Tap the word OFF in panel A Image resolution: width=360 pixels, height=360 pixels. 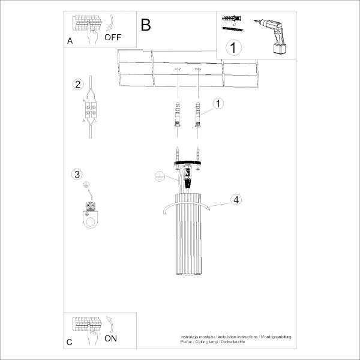coord(112,37)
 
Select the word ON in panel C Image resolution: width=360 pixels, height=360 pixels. coord(110,338)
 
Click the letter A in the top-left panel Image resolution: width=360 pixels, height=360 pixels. coord(70,41)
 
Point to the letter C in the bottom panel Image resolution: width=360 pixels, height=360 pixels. coord(70,342)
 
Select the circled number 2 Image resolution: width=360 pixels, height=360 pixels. coord(77,84)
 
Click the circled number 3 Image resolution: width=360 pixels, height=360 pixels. coord(76,175)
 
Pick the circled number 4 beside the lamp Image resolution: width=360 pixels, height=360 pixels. coord(236,200)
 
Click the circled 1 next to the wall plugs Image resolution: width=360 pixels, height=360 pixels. coord(218,103)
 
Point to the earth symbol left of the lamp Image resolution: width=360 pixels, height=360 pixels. coord(159,176)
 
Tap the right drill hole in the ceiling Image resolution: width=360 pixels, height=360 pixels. coord(197,70)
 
